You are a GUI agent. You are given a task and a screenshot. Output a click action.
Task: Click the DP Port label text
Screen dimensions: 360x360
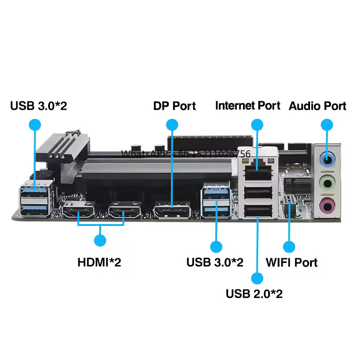click(175, 106)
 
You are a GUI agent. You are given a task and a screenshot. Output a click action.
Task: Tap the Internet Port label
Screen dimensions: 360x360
click(247, 106)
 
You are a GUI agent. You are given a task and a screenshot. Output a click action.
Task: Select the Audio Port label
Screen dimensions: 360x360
click(317, 106)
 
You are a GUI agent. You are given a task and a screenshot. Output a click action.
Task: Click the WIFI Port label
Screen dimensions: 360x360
click(292, 262)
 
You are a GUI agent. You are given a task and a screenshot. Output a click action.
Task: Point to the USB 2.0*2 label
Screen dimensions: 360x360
click(254, 294)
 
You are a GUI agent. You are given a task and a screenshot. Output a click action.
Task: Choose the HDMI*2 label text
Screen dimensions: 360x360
click(99, 262)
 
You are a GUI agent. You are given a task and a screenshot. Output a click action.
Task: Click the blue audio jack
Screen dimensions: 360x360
click(327, 159)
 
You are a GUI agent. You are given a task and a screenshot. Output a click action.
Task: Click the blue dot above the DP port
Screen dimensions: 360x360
click(172, 125)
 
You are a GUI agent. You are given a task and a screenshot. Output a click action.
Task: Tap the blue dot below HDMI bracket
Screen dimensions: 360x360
click(100, 241)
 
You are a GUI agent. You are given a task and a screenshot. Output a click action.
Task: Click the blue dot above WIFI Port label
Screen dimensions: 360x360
click(288, 247)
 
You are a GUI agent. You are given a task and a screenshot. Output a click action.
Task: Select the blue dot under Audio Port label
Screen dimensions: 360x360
click(327, 125)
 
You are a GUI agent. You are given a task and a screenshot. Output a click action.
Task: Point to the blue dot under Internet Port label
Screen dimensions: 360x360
click(257, 125)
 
